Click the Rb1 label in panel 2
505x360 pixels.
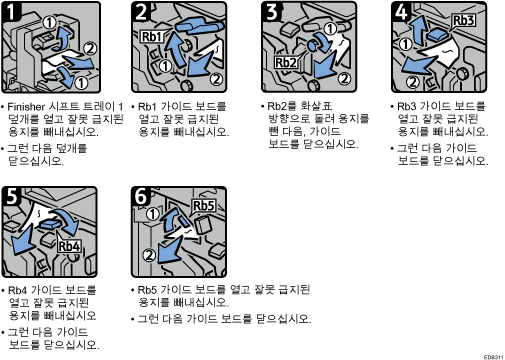point(152,36)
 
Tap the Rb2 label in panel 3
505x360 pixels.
point(286,62)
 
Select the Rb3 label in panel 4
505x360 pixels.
point(463,20)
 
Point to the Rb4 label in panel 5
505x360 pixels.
point(69,246)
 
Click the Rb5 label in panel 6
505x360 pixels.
point(203,206)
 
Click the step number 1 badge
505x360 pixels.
point(11,11)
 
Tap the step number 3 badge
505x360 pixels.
point(272,11)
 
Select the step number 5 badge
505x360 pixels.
point(11,196)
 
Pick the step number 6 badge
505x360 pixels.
point(141,196)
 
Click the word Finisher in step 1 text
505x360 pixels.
point(26,107)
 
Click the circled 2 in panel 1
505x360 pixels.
point(89,49)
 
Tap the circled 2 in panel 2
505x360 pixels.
point(216,79)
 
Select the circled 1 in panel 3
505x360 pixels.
point(330,29)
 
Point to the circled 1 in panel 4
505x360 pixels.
point(405,44)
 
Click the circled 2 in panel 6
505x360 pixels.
point(149,255)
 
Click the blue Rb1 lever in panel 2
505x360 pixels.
point(197,26)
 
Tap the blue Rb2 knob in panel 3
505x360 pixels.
point(314,45)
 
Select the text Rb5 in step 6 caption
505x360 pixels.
point(147,290)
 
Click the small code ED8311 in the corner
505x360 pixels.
point(493,357)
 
